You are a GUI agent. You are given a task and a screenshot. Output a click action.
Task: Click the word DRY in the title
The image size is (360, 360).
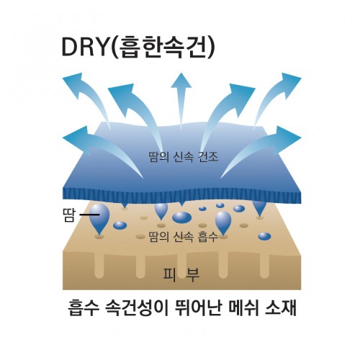(84, 47)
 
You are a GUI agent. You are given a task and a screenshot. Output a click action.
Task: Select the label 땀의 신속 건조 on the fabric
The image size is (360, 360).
(184, 157)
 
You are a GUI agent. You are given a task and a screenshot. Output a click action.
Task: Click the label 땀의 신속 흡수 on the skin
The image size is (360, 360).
(184, 237)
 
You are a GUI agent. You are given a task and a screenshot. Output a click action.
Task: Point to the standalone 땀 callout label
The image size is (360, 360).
(69, 215)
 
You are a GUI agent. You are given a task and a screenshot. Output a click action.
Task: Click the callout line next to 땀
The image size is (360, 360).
(89, 215)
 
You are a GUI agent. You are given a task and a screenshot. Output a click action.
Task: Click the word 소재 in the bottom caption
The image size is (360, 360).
(280, 308)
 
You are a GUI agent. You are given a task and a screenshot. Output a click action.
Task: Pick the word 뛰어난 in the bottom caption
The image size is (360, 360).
(196, 308)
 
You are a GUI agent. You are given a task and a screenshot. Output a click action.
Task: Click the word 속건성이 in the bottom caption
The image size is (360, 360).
(135, 308)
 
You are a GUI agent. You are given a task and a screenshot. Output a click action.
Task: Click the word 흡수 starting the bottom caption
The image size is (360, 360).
(84, 308)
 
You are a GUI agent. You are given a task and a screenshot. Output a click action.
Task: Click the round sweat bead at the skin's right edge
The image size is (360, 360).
(264, 236)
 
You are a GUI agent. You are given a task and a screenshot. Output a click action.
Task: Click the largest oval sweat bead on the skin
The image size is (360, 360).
(182, 217)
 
